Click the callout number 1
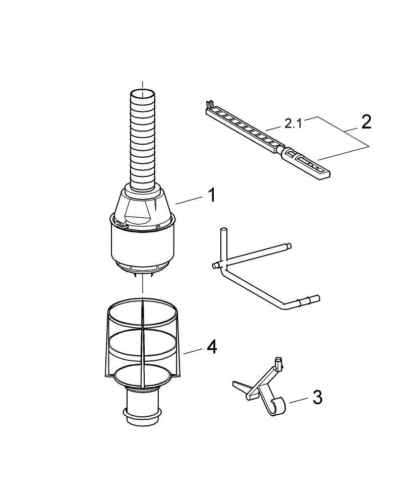(x=212, y=195)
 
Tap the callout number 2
(x=366, y=122)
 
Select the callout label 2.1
(x=293, y=123)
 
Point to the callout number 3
(x=317, y=397)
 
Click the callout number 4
(x=212, y=346)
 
